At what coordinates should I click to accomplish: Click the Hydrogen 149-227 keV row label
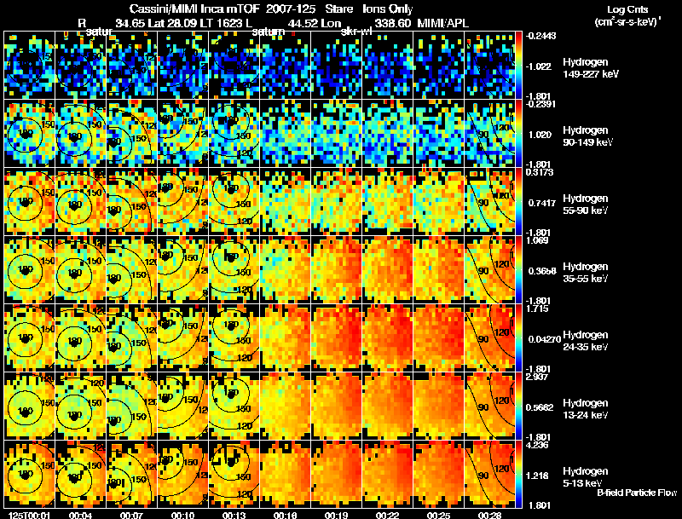pyautogui.click(x=589, y=68)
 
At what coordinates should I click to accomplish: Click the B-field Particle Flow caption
pyautogui.click(x=636, y=493)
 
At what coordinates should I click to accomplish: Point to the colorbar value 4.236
pyautogui.click(x=536, y=444)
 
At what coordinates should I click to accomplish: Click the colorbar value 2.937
pyautogui.click(x=536, y=376)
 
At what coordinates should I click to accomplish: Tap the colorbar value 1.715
pyautogui.click(x=536, y=308)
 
